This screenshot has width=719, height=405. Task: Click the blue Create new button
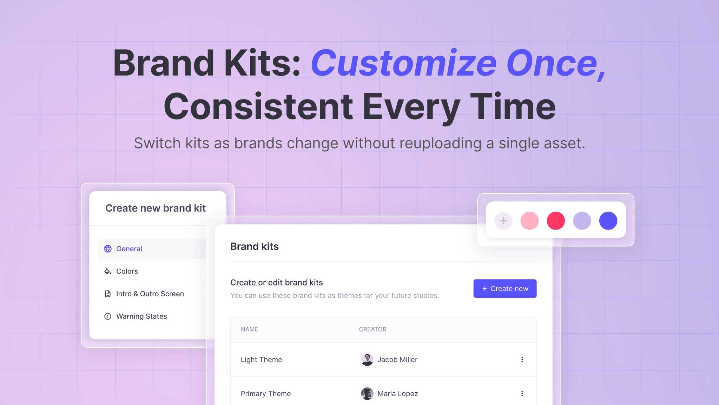point(504,289)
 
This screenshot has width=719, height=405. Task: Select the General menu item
point(129,249)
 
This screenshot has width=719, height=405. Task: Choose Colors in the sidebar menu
point(127,271)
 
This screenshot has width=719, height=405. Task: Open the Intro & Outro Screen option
point(150,294)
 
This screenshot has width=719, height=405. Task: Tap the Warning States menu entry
point(141,316)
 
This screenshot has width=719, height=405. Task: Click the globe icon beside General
point(108,249)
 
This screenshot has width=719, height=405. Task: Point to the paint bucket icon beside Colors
point(108,271)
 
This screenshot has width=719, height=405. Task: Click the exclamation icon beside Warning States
point(108,316)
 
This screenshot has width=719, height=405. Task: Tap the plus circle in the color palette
point(503,221)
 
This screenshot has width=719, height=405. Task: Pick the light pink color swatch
point(529,221)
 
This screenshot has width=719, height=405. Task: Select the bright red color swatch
point(556,221)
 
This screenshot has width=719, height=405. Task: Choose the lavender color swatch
point(582,221)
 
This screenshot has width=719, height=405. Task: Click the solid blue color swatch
point(608,221)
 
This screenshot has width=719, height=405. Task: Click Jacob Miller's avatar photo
point(367,360)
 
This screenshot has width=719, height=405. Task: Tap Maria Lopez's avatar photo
point(367,394)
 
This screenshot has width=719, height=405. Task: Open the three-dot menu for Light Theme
point(522,360)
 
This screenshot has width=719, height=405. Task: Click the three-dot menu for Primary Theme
point(522,394)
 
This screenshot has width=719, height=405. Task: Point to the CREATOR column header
point(372,329)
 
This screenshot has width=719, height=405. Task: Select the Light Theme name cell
point(261,360)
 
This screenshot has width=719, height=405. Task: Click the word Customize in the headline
point(403,63)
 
